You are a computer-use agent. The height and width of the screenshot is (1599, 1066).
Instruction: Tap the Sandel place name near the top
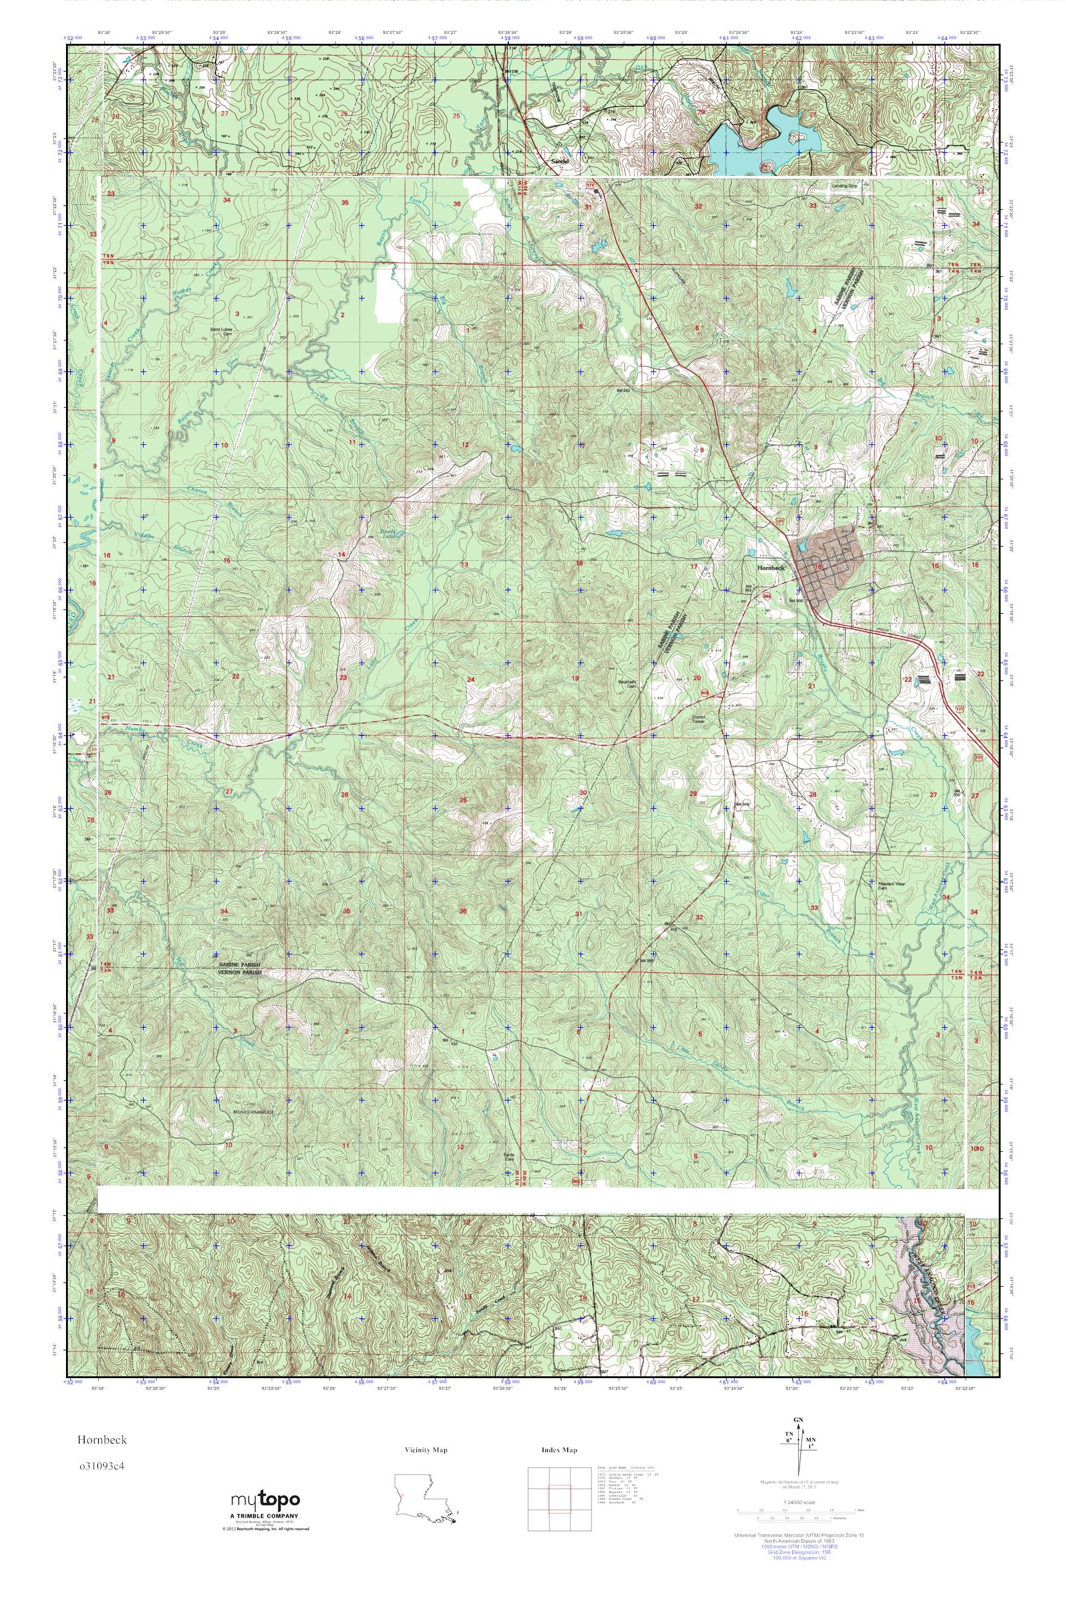point(558,162)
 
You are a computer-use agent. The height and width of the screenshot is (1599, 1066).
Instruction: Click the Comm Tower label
point(700,719)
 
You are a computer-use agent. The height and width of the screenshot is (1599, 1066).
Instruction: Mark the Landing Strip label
point(845,184)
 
